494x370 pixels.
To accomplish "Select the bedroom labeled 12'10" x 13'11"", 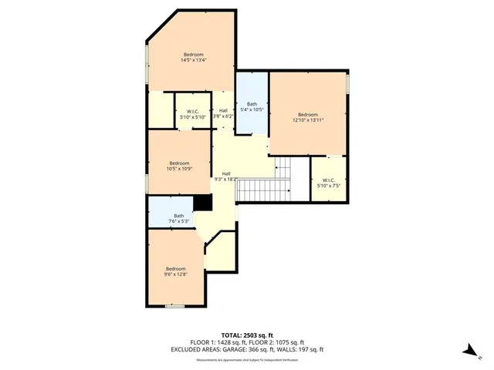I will tap(308, 116).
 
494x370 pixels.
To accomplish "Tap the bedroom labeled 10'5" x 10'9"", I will tap(179, 165).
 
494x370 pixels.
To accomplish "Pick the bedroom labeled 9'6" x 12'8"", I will tap(175, 271).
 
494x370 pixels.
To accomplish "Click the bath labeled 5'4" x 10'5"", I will tap(252, 106).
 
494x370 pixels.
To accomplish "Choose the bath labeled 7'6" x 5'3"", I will tap(178, 218).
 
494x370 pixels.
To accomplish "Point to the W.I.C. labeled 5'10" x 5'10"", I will tap(193, 114).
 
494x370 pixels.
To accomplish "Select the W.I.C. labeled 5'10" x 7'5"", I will tap(328, 183).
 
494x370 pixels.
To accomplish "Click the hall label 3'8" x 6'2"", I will tap(223, 113).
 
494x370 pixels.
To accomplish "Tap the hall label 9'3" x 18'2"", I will tap(227, 177).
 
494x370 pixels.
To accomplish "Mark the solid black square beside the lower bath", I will tap(203, 202).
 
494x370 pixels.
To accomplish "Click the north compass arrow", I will tap(469, 350).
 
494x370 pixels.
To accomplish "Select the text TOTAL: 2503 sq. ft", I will tap(247, 335).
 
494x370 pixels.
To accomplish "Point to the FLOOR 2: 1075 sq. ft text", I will tap(276, 342).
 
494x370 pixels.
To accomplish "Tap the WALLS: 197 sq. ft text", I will tap(305, 349).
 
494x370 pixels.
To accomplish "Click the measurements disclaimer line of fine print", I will tap(247, 358).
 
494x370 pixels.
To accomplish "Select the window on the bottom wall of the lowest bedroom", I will tap(175, 306).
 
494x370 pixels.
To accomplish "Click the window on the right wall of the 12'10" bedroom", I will tap(348, 82).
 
